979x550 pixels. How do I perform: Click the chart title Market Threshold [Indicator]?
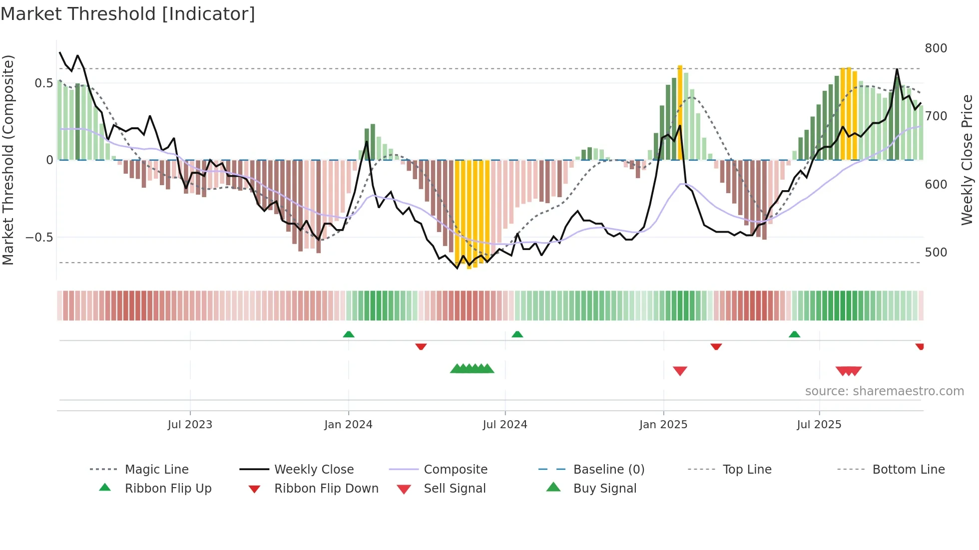click(x=128, y=14)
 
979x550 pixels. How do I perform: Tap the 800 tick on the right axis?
click(x=936, y=48)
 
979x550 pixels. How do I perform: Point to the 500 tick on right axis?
click(x=936, y=253)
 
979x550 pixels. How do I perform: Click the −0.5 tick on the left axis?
click(x=39, y=238)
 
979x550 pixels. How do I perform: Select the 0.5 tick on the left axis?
click(x=44, y=83)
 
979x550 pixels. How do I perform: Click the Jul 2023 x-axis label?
click(x=190, y=425)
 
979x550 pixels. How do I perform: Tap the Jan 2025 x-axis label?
click(x=663, y=425)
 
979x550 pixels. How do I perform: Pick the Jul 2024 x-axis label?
click(x=505, y=425)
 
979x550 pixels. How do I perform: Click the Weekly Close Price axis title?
click(x=967, y=160)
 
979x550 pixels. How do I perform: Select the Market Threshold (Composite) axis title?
click(x=8, y=160)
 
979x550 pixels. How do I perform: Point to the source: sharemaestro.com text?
click(x=884, y=391)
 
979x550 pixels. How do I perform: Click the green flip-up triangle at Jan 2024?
click(x=349, y=334)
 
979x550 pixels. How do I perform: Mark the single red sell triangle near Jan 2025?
click(x=680, y=371)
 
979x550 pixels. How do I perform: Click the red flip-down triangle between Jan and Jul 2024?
click(x=421, y=346)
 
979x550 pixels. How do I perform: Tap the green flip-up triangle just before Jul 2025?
click(x=794, y=334)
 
